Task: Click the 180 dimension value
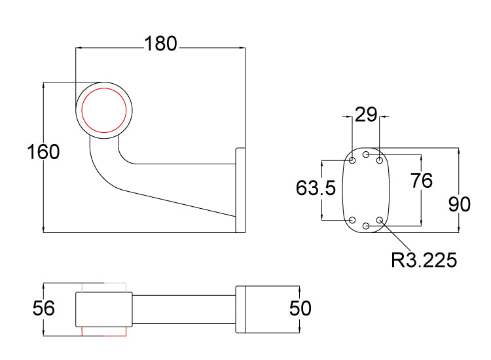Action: click(x=160, y=44)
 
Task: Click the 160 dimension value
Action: click(x=44, y=152)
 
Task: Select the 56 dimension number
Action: click(x=44, y=308)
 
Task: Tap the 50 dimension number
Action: click(x=300, y=308)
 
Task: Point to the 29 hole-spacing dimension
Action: click(x=365, y=115)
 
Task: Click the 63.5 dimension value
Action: click(x=316, y=189)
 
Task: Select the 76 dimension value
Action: click(x=422, y=180)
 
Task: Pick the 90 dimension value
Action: click(x=460, y=204)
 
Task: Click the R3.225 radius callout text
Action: click(x=424, y=260)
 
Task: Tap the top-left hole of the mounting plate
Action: click(x=353, y=160)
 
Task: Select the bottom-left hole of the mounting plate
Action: click(x=353, y=220)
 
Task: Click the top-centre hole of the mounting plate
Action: click(x=367, y=155)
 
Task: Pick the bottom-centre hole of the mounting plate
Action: click(x=367, y=226)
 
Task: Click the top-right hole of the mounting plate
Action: click(x=380, y=160)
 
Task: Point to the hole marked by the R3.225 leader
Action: click(x=380, y=221)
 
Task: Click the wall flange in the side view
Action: click(x=240, y=190)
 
